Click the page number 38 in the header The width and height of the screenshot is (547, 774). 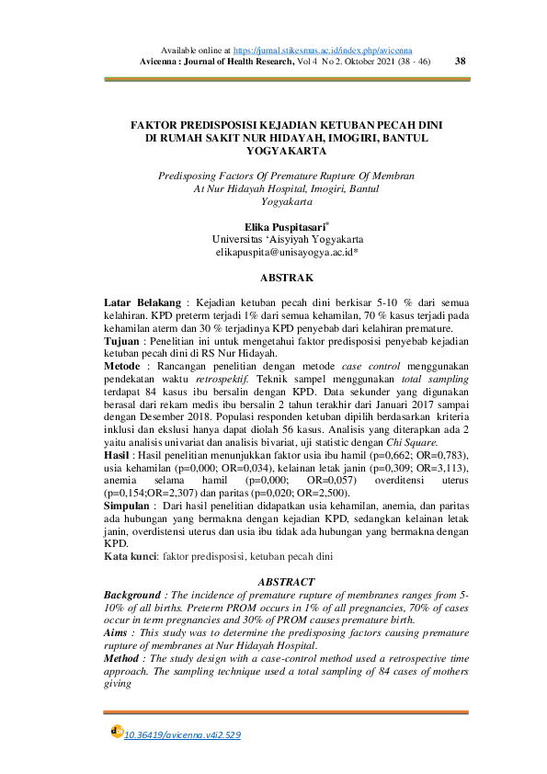461,61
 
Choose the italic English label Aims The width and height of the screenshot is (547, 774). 120,633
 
